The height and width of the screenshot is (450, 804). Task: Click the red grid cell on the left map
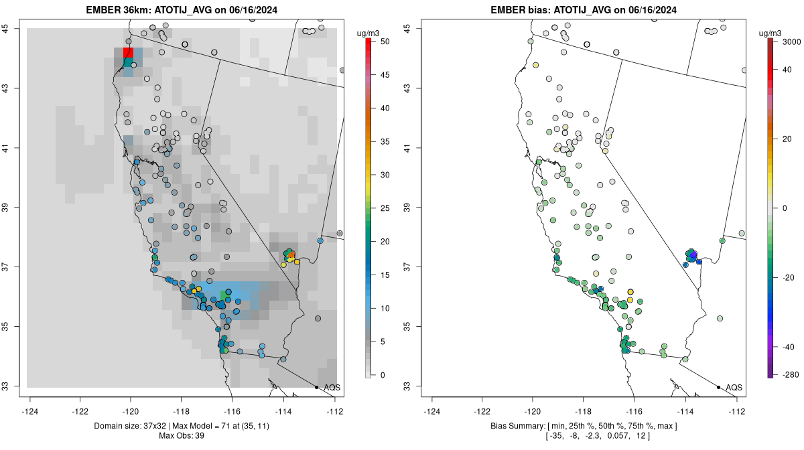(x=128, y=53)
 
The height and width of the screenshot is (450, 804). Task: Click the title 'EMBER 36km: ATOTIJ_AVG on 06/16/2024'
(x=183, y=10)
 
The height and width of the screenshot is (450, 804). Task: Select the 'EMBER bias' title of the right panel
(x=584, y=10)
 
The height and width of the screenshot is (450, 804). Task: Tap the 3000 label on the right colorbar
(x=791, y=42)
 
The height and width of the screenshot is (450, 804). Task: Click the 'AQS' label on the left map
(x=332, y=388)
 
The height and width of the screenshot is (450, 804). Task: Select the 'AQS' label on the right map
(x=734, y=388)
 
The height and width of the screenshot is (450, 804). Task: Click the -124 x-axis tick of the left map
(x=30, y=412)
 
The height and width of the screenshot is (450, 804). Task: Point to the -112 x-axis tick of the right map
(x=737, y=412)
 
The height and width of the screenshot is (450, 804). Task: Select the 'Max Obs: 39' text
(x=182, y=436)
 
